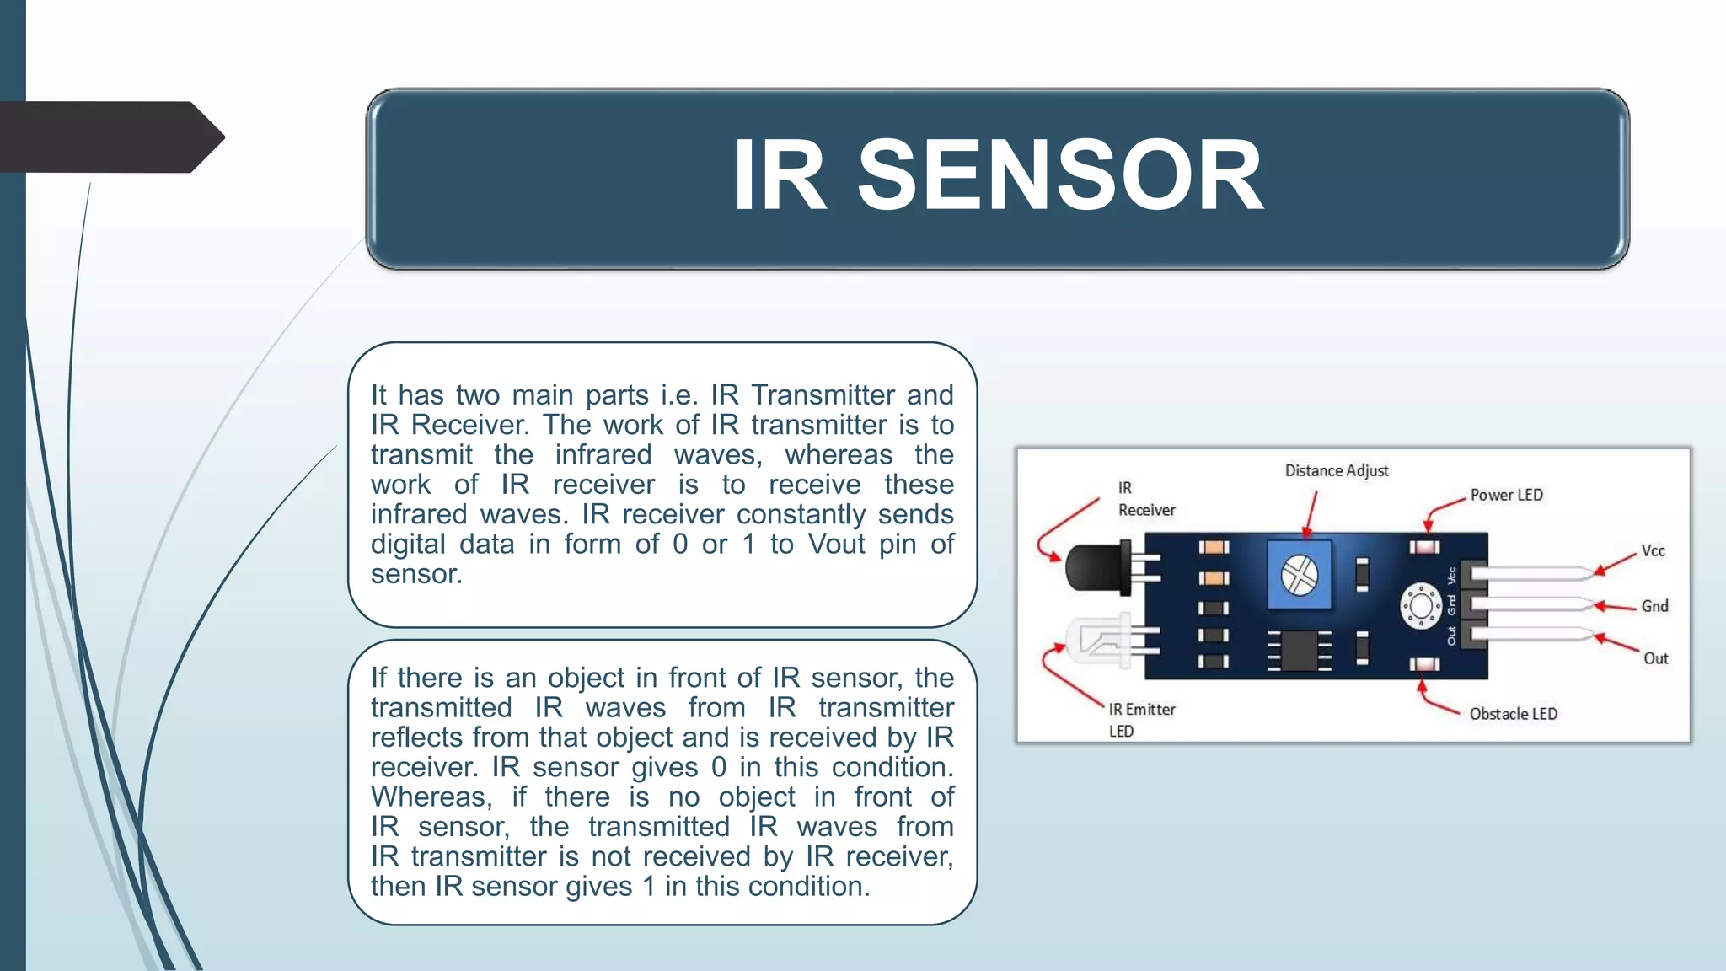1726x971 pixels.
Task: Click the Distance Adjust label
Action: [x=1336, y=470]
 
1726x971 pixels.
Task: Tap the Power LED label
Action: [x=1506, y=495]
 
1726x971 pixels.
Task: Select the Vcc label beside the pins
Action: [x=1653, y=551]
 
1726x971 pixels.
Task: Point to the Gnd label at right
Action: [x=1654, y=606]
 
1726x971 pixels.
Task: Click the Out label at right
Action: [x=1655, y=658]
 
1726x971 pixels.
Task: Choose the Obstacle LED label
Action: [x=1513, y=714]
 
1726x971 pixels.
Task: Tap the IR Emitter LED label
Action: [x=1141, y=720]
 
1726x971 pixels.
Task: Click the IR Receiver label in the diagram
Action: [x=1145, y=499]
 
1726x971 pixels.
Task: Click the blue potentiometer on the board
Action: [x=1299, y=576]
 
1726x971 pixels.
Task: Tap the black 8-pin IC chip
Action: [x=1299, y=651]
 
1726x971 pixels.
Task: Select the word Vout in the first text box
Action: [x=836, y=545]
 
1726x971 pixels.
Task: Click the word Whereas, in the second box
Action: [x=431, y=797]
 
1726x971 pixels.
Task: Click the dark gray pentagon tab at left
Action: [x=110, y=137]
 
